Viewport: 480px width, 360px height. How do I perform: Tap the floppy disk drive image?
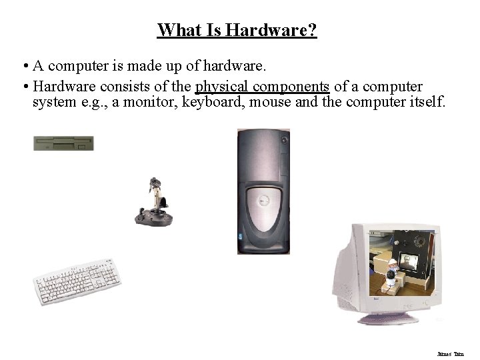(63, 143)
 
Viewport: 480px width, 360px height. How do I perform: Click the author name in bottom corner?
(455, 353)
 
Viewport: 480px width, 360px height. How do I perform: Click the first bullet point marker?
(23, 67)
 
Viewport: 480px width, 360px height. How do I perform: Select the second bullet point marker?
(23, 87)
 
